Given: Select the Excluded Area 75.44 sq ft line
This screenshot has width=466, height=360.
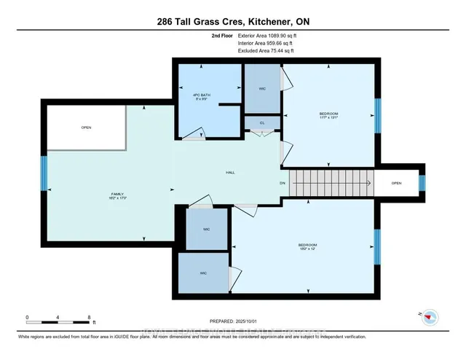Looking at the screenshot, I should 267,51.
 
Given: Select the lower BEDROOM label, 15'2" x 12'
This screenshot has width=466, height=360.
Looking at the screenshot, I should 307,246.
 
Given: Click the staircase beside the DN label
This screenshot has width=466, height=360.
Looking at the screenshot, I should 331,183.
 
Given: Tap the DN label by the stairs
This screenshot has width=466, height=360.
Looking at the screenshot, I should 283,183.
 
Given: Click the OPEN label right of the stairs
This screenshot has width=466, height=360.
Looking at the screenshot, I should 396,183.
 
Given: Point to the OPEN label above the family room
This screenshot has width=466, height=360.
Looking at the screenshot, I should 87,128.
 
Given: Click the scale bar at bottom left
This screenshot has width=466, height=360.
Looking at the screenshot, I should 58,318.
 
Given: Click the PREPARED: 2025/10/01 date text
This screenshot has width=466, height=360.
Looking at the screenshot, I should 232,321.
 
